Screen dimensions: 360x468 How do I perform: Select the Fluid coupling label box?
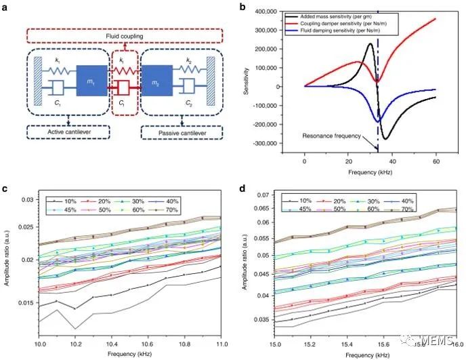tap(129, 35)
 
